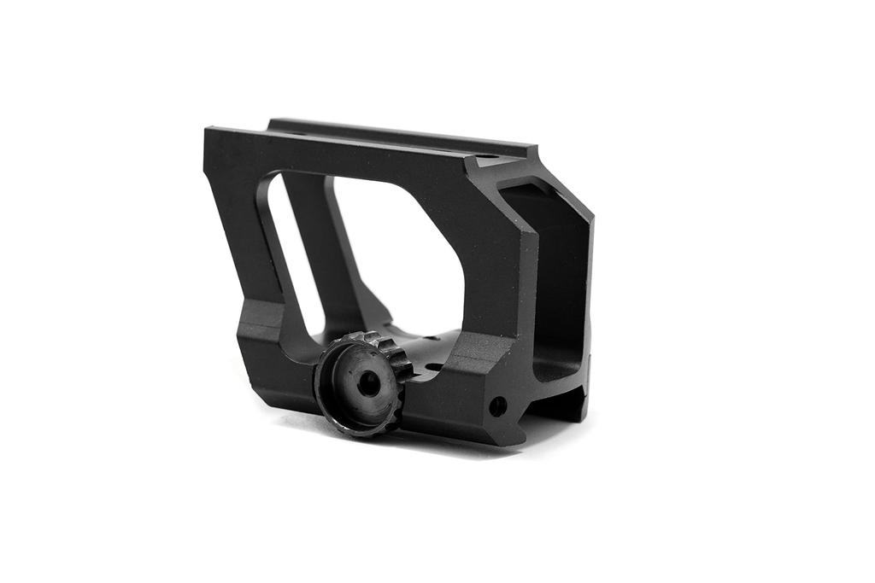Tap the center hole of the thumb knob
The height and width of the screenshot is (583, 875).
[x=368, y=384]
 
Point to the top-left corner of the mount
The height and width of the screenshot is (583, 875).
[x=209, y=132]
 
